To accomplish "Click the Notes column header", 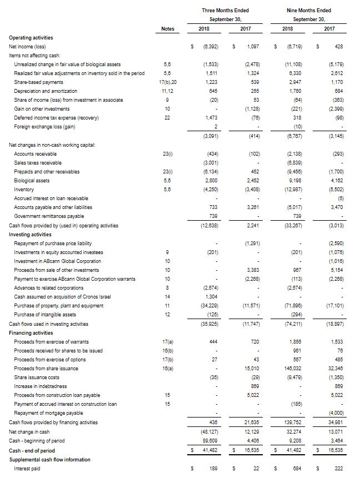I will (167, 28).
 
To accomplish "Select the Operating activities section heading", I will (31, 37).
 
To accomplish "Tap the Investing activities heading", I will (30, 235).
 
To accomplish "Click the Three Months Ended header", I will (226, 10).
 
